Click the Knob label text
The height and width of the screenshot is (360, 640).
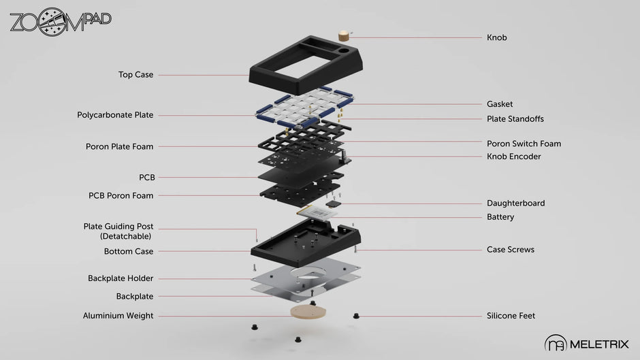pos(496,37)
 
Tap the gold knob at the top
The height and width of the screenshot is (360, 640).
pos(344,35)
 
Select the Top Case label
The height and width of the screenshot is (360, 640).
pos(135,75)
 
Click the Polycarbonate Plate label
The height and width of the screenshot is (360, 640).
pos(115,115)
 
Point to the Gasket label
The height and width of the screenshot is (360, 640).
pos(500,104)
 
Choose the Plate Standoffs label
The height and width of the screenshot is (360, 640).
pos(515,119)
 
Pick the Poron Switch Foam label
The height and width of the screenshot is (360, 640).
pos(524,144)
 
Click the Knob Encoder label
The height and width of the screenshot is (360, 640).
pos(513,157)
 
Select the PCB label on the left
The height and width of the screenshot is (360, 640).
pos(146,178)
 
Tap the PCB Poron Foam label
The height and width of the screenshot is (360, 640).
pos(121,195)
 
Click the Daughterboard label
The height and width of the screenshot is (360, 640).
pos(515,203)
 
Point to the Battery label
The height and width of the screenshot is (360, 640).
pos(500,217)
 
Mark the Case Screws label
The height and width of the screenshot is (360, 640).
pos(510,250)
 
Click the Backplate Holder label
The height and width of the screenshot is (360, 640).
pos(121,278)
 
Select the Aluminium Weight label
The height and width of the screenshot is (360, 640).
pos(118,316)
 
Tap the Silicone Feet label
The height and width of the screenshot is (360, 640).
pos(511,316)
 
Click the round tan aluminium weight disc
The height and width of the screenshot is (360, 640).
pos(307,311)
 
